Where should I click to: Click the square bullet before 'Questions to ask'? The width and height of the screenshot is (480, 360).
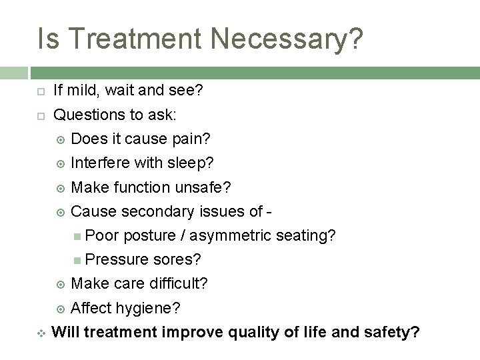(x=40, y=115)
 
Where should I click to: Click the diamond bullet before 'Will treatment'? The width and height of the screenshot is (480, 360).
(x=40, y=331)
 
